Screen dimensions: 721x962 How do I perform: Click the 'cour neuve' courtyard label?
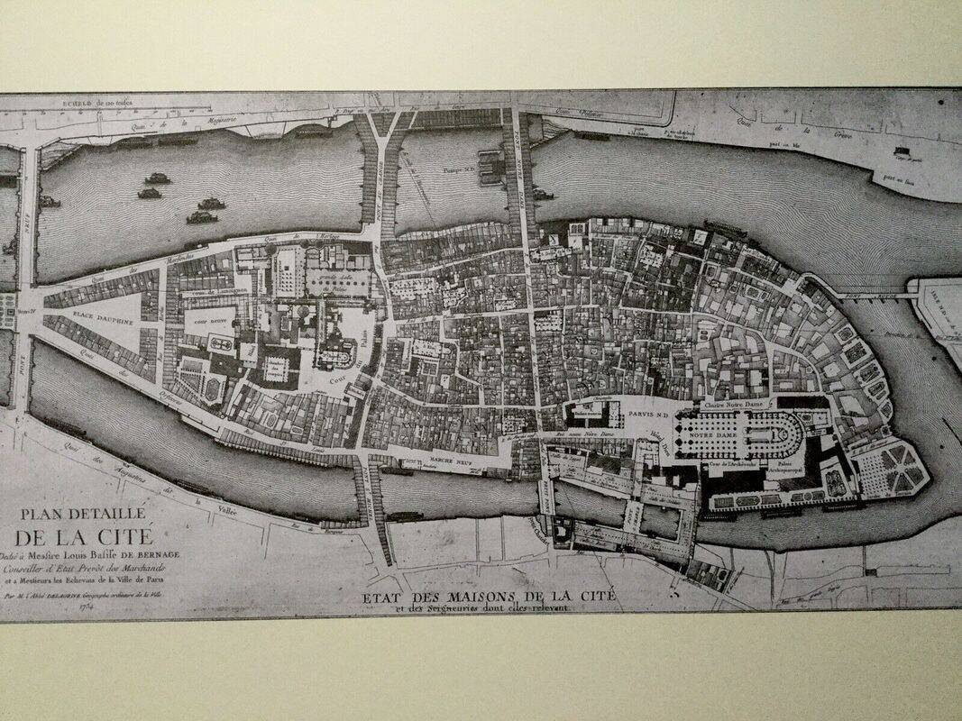point(206,319)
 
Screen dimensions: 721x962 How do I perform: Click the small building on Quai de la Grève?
point(902,151)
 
